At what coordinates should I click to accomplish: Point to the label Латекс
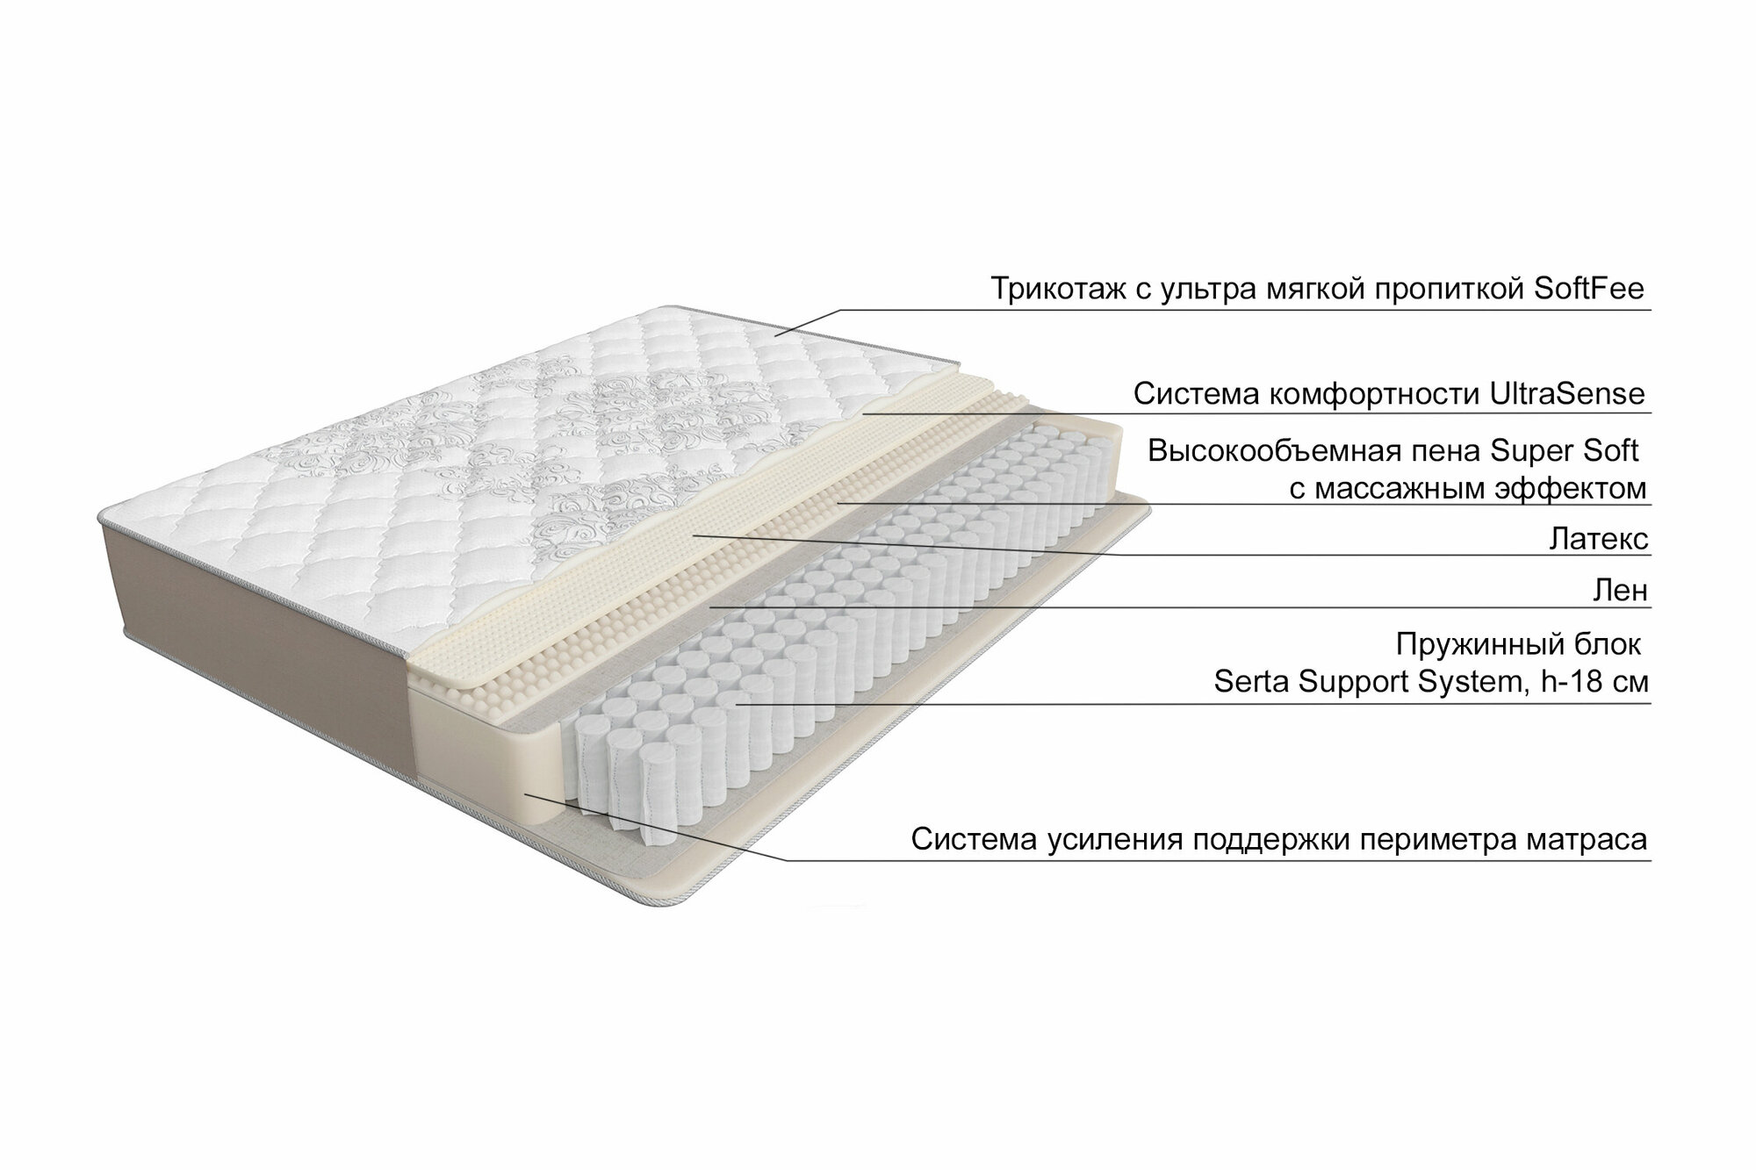(x=1599, y=539)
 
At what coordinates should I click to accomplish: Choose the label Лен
(x=1620, y=591)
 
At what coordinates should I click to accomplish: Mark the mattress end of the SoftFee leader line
(x=777, y=334)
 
